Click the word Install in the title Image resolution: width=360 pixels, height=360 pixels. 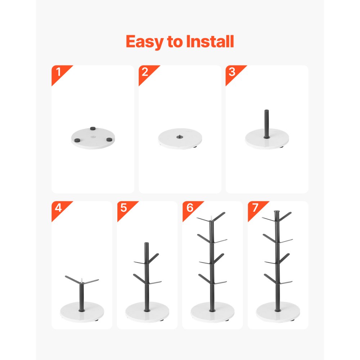click(x=210, y=42)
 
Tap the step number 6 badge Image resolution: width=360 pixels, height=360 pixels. click(x=190, y=208)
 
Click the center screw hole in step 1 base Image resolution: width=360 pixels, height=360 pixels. click(x=93, y=137)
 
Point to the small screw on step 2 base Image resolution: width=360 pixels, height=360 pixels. click(x=180, y=136)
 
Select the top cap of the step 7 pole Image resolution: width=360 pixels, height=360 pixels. click(x=277, y=212)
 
